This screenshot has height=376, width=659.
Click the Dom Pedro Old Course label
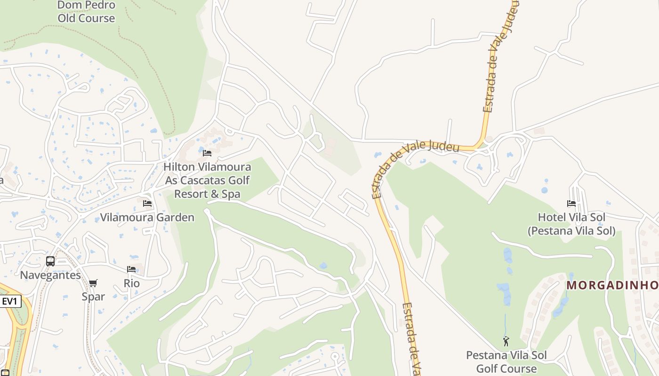(x=86, y=12)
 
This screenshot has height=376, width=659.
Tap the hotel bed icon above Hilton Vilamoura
(x=207, y=153)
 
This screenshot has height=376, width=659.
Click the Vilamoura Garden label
(x=147, y=217)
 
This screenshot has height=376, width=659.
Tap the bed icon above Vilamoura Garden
(x=147, y=204)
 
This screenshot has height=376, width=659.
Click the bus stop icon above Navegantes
(x=50, y=261)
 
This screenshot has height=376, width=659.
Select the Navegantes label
(x=50, y=275)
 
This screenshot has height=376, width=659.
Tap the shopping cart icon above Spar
(x=93, y=283)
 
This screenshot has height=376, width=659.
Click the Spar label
(x=93, y=297)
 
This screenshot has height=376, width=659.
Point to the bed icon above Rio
(x=131, y=269)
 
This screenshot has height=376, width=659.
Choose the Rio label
(x=132, y=283)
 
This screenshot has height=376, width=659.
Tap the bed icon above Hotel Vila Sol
(x=571, y=204)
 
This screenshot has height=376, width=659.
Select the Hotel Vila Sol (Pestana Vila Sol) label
(x=571, y=224)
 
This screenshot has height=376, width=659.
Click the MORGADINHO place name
(x=612, y=285)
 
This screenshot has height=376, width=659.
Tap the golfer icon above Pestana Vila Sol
(x=506, y=341)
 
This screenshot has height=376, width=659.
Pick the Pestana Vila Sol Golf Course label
(x=506, y=362)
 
